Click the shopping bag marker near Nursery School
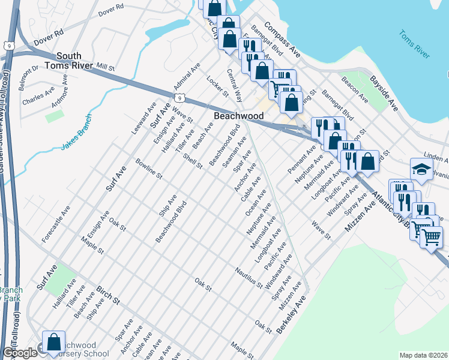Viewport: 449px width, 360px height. pos(54,343)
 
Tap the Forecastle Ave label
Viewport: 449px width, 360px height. pos(56,224)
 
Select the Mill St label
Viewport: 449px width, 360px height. pos(104,67)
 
